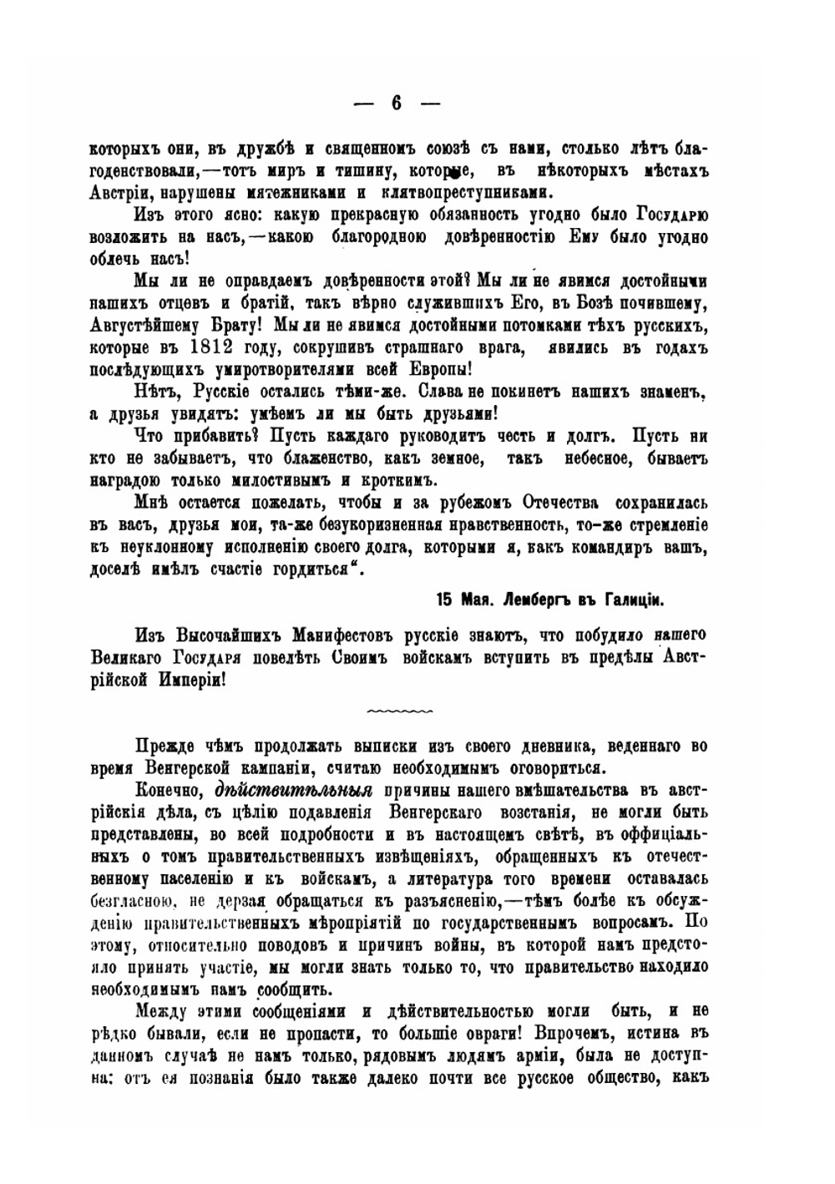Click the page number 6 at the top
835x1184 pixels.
[x=397, y=104]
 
